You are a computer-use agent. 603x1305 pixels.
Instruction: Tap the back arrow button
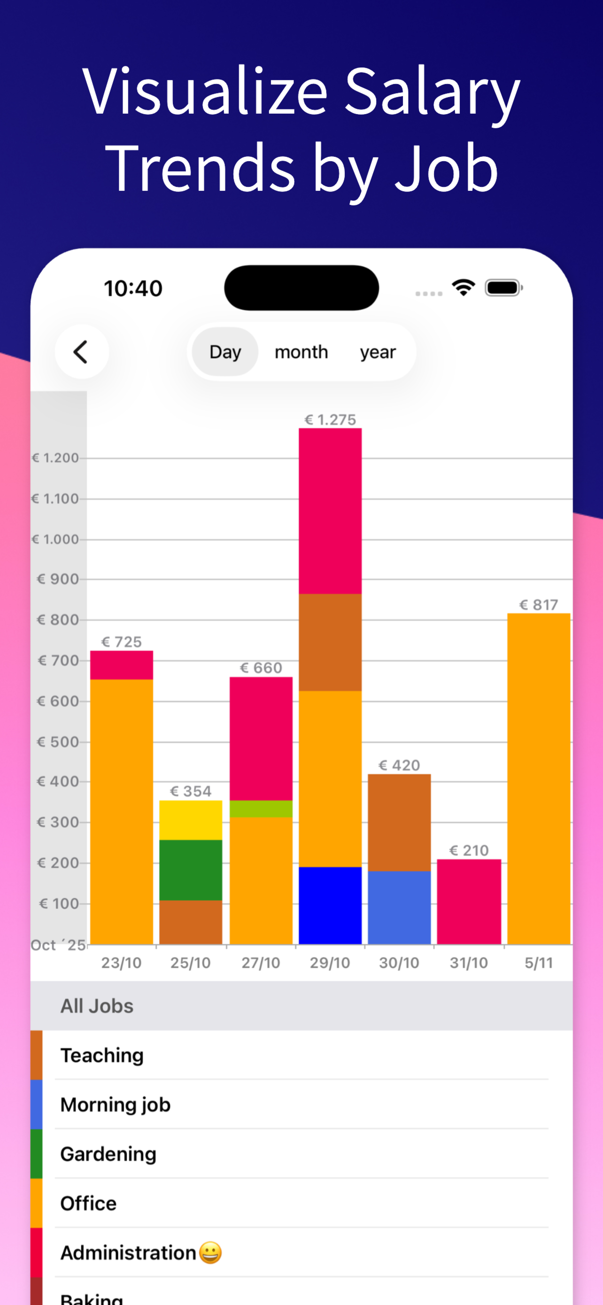tap(82, 351)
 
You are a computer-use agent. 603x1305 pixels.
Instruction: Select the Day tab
tap(225, 351)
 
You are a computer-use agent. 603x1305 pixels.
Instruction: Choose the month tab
tap(301, 351)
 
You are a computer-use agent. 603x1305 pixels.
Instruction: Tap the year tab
tap(378, 351)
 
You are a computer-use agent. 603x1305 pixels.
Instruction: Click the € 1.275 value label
tap(330, 419)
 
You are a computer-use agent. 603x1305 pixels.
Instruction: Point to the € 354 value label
tap(190, 791)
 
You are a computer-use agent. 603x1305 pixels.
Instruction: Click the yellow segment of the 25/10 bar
tap(190, 820)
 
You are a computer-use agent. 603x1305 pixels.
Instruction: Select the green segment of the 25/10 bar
tap(190, 870)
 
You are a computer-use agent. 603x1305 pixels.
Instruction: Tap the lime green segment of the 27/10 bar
tap(261, 808)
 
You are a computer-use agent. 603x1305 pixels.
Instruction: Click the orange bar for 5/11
tap(539, 779)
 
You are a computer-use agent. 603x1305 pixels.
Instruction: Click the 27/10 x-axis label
tap(261, 963)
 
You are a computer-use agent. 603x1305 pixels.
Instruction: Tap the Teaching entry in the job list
tap(102, 1055)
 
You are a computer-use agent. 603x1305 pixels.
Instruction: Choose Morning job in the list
tap(116, 1104)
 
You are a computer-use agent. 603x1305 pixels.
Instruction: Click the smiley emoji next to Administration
tap(210, 1252)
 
